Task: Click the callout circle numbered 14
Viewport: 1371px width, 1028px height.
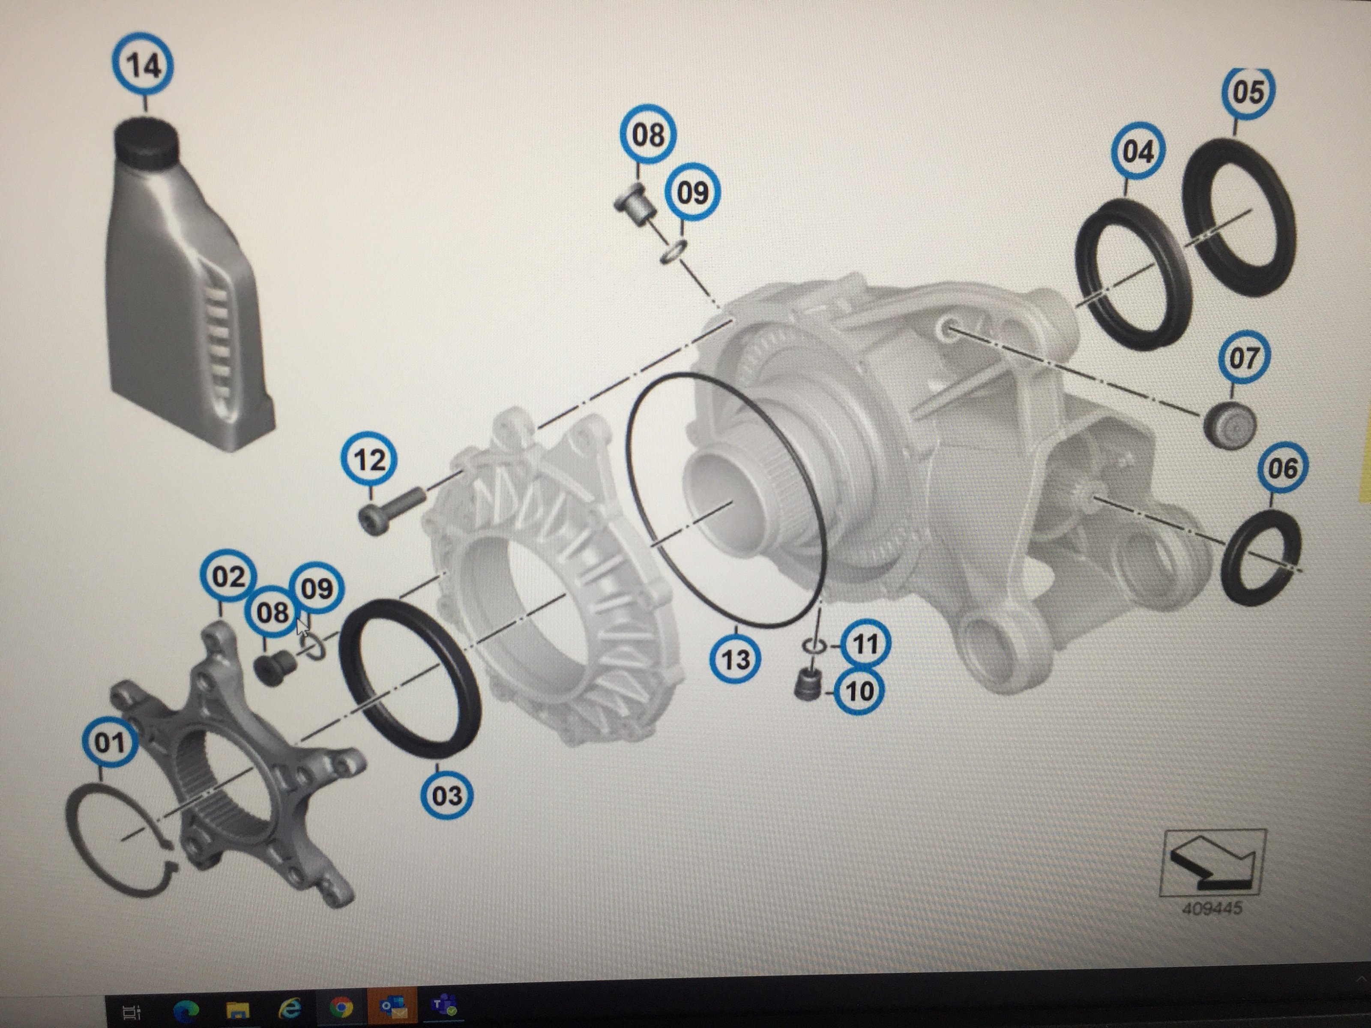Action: tap(143, 64)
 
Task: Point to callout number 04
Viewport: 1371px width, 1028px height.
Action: tap(1139, 152)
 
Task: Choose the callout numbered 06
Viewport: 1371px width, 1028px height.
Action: tap(1282, 468)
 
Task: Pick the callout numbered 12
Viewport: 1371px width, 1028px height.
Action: tap(369, 460)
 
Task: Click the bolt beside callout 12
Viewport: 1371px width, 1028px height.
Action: tap(390, 509)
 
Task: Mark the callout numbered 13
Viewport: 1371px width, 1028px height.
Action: tap(736, 659)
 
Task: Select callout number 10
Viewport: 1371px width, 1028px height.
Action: tap(859, 691)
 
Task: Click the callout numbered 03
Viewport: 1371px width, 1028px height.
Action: tap(447, 795)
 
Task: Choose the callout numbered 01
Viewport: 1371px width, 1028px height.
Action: tap(110, 742)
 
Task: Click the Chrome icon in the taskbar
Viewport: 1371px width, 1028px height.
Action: tap(341, 1007)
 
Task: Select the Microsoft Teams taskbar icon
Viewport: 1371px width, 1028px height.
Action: tap(444, 1006)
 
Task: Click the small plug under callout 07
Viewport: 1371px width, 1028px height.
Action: tap(1230, 425)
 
